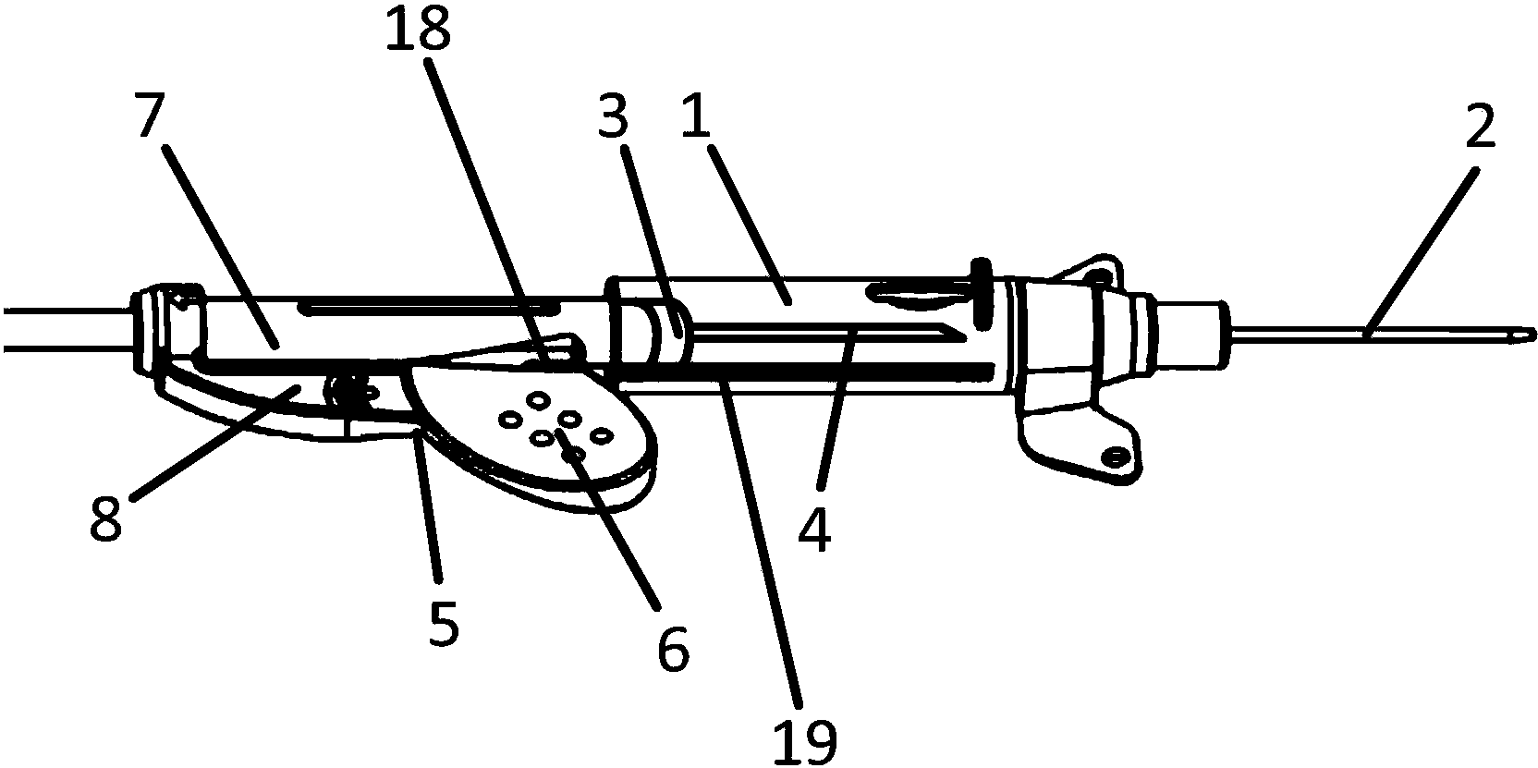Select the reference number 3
click(613, 116)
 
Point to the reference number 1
click(696, 116)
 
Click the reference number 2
click(1480, 126)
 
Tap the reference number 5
click(443, 623)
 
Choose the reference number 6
click(673, 650)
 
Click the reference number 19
click(805, 742)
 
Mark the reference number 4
click(814, 530)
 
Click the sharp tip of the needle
click(1535, 335)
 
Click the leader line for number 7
click(222, 248)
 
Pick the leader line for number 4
click(836, 409)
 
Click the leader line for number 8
click(216, 444)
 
